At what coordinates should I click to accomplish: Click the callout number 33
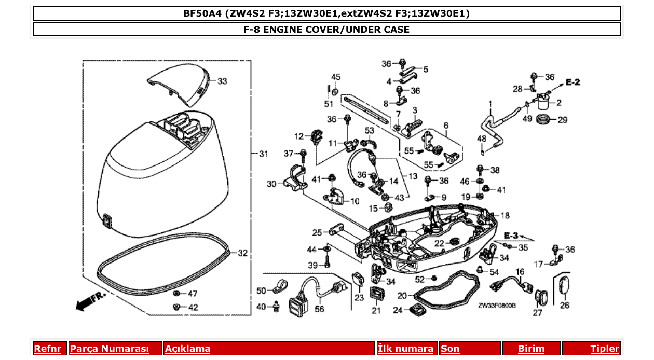click(222, 81)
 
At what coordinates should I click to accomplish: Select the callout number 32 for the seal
click(242, 253)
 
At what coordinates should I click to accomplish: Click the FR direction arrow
click(90, 301)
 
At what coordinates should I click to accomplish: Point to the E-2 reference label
click(573, 82)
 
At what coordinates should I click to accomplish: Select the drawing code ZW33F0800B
click(497, 306)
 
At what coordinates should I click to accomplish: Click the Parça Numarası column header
click(110, 349)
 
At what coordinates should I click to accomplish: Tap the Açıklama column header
click(187, 349)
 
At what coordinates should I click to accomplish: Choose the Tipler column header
click(604, 349)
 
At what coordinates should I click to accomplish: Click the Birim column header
click(532, 349)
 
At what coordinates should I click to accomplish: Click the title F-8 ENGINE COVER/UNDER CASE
click(326, 30)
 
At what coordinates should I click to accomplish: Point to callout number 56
click(319, 309)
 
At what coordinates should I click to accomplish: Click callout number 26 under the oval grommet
click(565, 306)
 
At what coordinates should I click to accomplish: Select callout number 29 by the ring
click(563, 120)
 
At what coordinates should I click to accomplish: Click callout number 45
click(336, 77)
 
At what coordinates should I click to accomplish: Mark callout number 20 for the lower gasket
click(402, 296)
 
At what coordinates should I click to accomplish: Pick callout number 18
click(505, 215)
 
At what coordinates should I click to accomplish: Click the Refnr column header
click(47, 349)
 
